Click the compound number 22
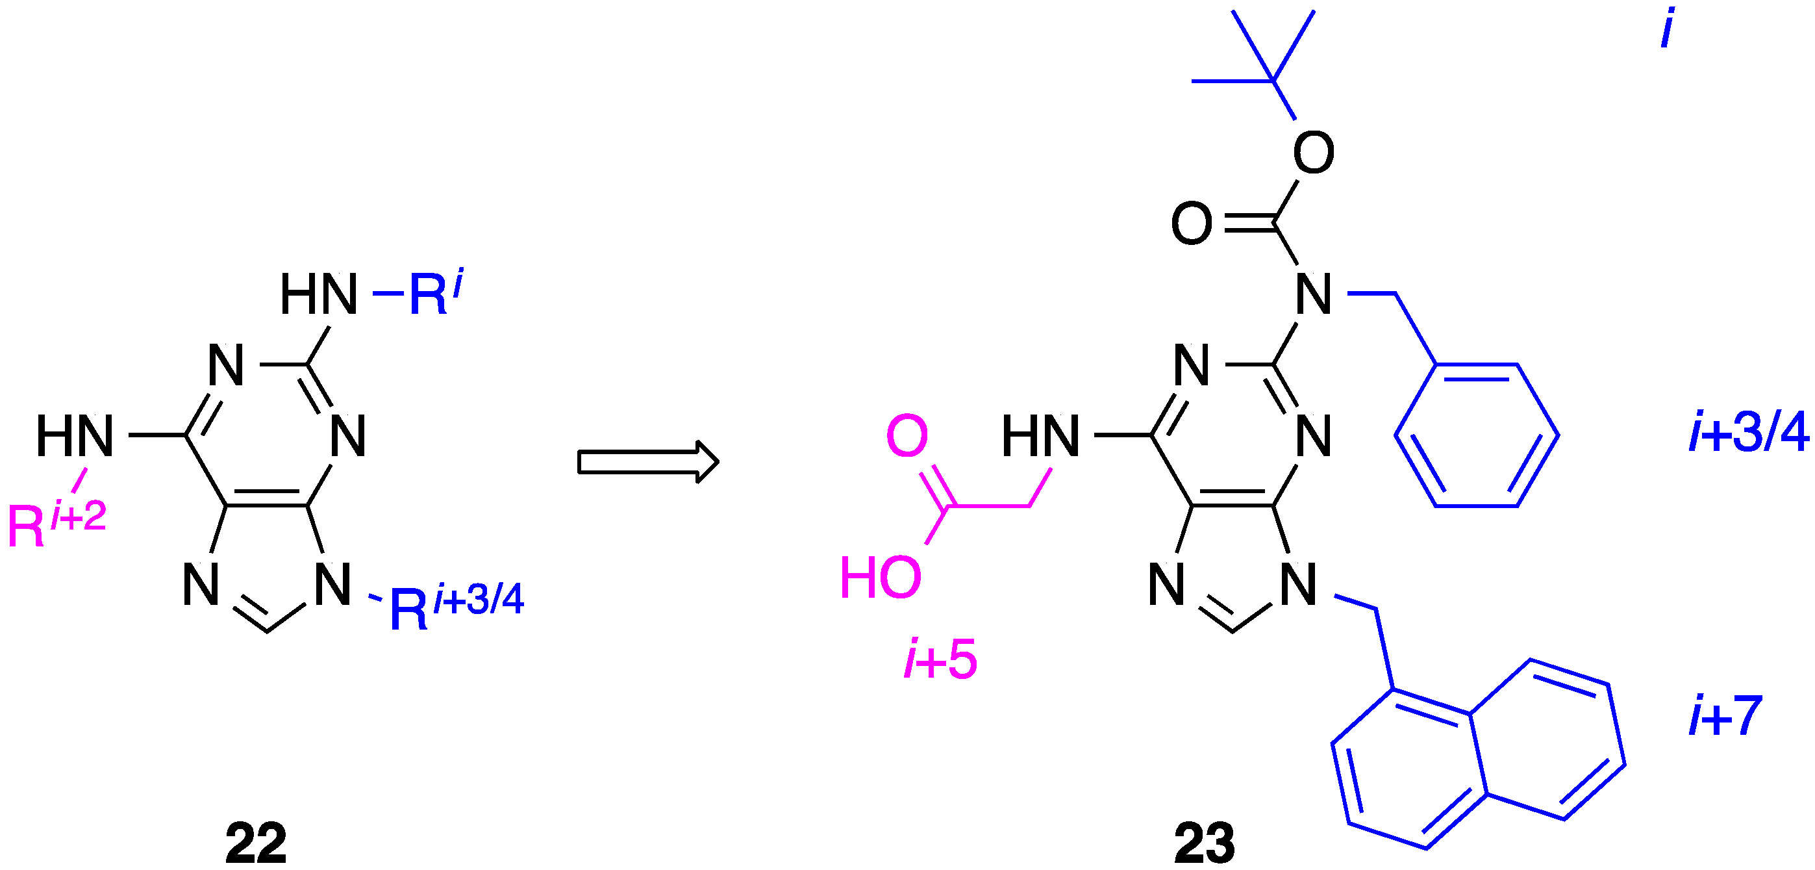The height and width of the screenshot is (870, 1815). point(256,843)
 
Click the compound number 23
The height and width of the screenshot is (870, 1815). point(1204,843)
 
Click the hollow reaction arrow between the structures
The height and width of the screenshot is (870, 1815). point(647,462)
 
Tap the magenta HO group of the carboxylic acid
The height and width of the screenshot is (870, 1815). point(880,578)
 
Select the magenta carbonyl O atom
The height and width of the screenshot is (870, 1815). point(906,435)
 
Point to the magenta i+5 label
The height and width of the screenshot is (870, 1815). point(940,659)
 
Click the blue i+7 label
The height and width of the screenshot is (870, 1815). point(1725,715)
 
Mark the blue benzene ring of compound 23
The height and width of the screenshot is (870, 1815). point(1476,435)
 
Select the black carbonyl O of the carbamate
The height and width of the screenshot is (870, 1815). point(1192,224)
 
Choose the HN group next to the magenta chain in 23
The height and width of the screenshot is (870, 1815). point(1040,435)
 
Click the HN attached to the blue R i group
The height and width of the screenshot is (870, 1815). point(318,293)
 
